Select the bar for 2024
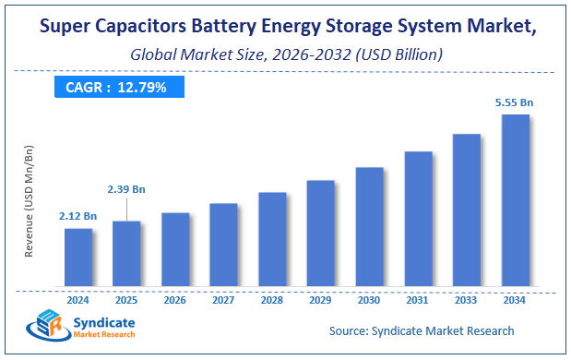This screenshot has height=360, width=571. [78, 257]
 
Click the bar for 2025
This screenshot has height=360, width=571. [126, 253]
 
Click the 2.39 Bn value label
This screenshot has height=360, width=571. [126, 188]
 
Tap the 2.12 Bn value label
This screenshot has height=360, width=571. [78, 216]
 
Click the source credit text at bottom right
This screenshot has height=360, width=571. [421, 330]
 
